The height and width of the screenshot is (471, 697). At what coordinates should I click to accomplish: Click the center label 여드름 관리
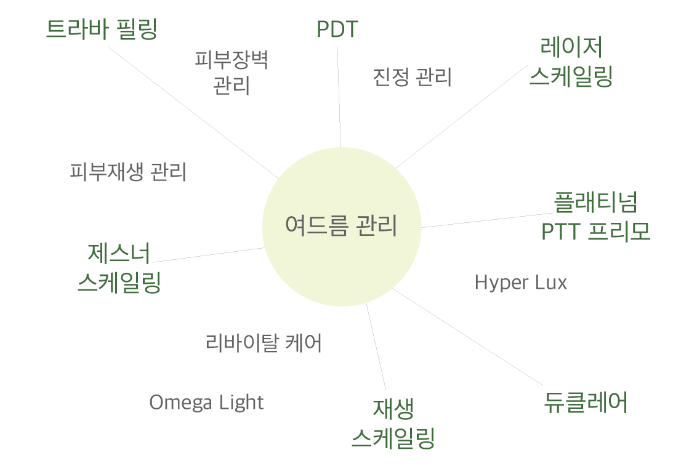coord(341,226)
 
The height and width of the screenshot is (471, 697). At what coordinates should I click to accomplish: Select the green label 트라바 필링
coord(102,30)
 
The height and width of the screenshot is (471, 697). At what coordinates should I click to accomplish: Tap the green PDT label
coord(337,30)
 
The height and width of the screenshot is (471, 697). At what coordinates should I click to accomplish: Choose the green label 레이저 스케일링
coord(571,62)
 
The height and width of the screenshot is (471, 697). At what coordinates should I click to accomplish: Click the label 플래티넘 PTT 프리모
coord(595,216)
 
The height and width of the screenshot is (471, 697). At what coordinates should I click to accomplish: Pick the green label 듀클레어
coord(586,403)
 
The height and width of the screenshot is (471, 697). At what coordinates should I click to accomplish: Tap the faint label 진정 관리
coord(413,78)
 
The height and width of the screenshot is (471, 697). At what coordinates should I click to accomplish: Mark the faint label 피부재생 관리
coord(129,172)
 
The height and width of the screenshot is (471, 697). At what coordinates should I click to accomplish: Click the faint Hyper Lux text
coord(521,283)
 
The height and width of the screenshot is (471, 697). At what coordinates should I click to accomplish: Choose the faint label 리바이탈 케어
coord(264,343)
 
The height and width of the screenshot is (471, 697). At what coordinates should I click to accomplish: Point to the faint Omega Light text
coord(206,403)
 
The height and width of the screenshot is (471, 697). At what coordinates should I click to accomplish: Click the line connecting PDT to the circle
coord(339,99)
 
